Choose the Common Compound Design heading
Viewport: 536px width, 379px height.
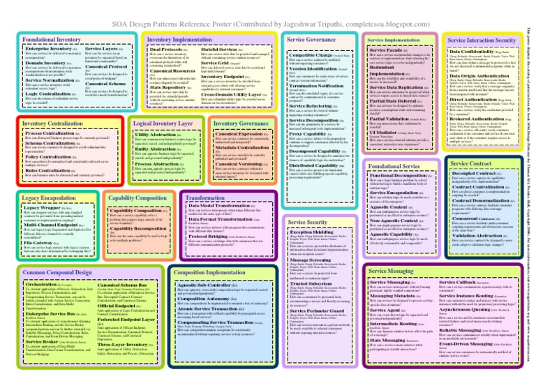pos(47,251)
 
